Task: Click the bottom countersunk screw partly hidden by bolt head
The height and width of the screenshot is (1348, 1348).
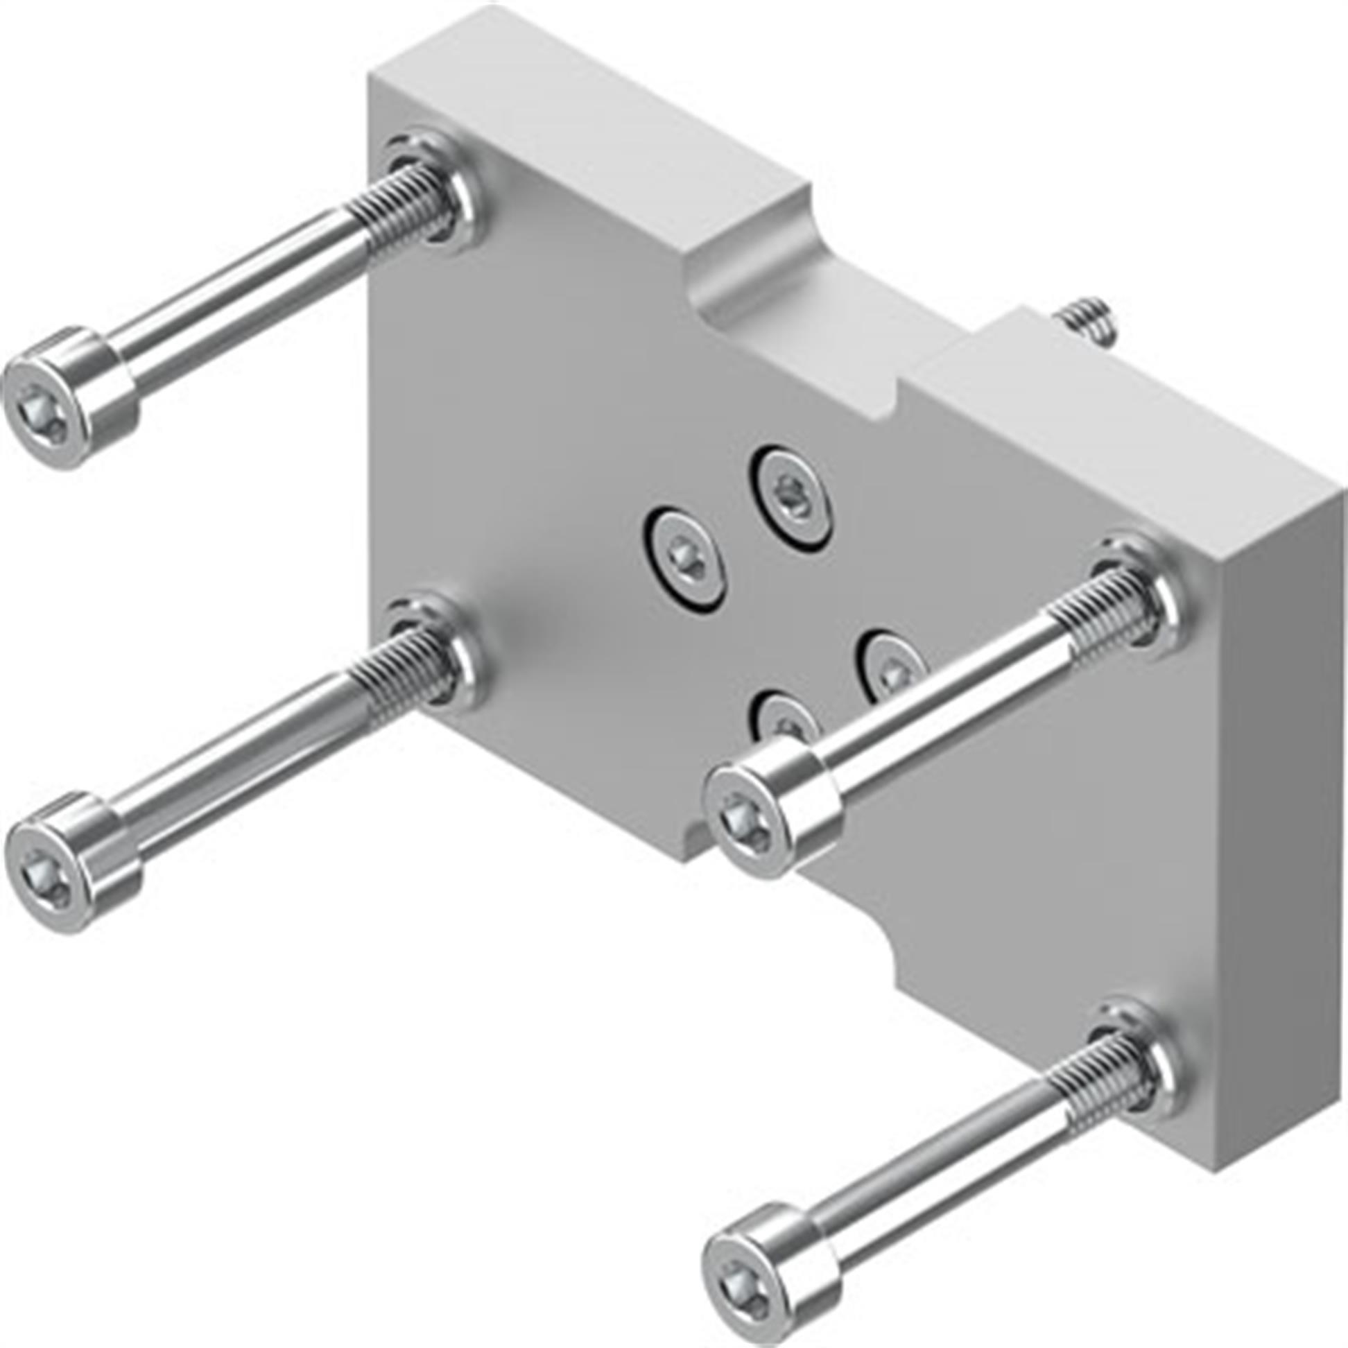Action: click(781, 718)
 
